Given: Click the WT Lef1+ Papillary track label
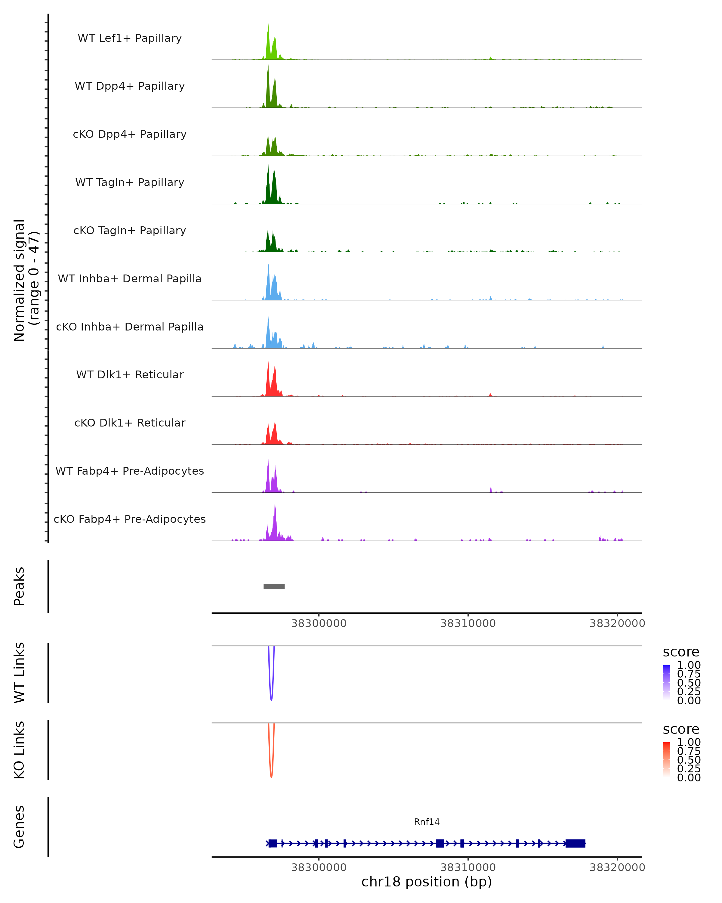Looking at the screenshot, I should pyautogui.click(x=130, y=38).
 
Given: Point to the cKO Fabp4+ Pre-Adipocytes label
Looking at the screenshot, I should pyautogui.click(x=130, y=519).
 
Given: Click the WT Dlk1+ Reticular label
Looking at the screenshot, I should pyautogui.click(x=130, y=374).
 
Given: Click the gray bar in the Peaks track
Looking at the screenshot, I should pyautogui.click(x=274, y=586).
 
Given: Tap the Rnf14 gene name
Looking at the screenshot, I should pyautogui.click(x=427, y=822).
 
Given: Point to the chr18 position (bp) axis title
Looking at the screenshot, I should pyautogui.click(x=427, y=882).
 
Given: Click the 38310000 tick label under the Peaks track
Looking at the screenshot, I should pyautogui.click(x=468, y=623).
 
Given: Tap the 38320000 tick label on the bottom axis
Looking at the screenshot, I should pyautogui.click(x=617, y=867).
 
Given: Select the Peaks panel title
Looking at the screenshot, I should pyautogui.click(x=19, y=586).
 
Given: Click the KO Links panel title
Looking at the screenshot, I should pyautogui.click(x=19, y=750).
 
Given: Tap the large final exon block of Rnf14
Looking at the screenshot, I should pyautogui.click(x=575, y=843).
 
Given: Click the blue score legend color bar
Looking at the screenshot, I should pyautogui.click(x=666, y=682).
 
